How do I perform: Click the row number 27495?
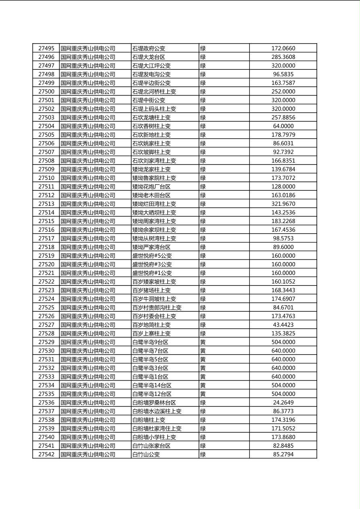46,48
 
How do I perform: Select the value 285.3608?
283,57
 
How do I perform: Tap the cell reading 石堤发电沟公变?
151,74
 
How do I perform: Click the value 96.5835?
283,74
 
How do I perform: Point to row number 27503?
46,117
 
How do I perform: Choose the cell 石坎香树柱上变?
151,126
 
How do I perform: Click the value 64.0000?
283,126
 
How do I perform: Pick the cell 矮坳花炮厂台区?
151,186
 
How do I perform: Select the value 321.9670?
283,204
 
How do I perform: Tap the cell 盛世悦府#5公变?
152,256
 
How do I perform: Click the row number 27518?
46,247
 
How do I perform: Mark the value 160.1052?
283,282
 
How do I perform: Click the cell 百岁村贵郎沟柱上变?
157,307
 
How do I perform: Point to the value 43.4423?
283,325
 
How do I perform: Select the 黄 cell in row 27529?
203,342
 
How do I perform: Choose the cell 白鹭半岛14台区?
152,385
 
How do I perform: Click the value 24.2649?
283,403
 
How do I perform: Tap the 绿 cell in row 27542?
203,454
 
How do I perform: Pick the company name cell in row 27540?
88,437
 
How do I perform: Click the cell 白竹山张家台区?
151,446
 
